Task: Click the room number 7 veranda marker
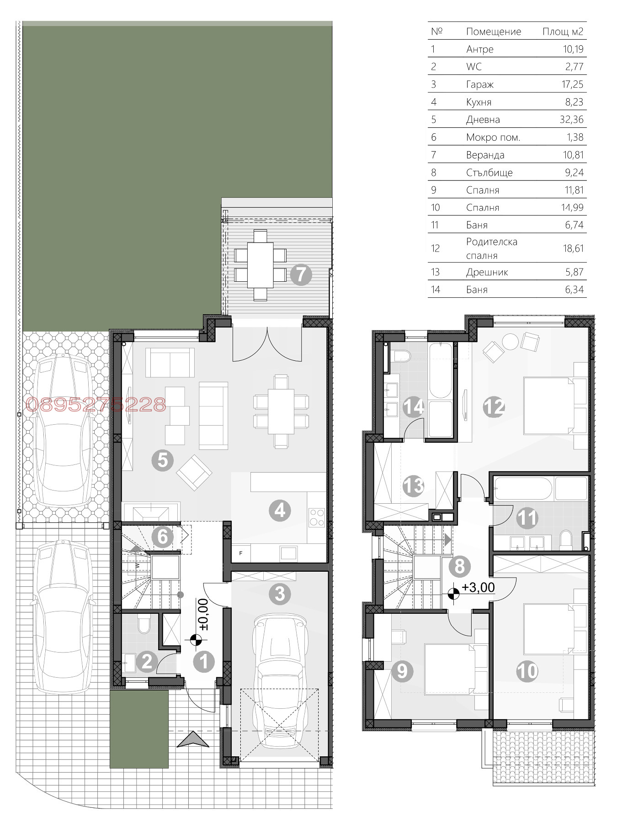tap(301, 275)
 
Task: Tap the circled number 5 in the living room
tap(163, 460)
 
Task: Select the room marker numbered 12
tap(494, 407)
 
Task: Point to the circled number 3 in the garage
tap(280, 594)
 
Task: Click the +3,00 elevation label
tap(479, 587)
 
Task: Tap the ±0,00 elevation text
tap(204, 615)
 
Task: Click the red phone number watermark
tap(96, 405)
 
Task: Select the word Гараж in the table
tap(480, 84)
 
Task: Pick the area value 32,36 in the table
tap(572, 120)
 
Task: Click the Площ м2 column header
tap(563, 32)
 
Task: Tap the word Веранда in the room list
tap(485, 155)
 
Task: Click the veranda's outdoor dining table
tap(261, 265)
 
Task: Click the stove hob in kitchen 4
tap(317, 518)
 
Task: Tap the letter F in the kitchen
tap(241, 553)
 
